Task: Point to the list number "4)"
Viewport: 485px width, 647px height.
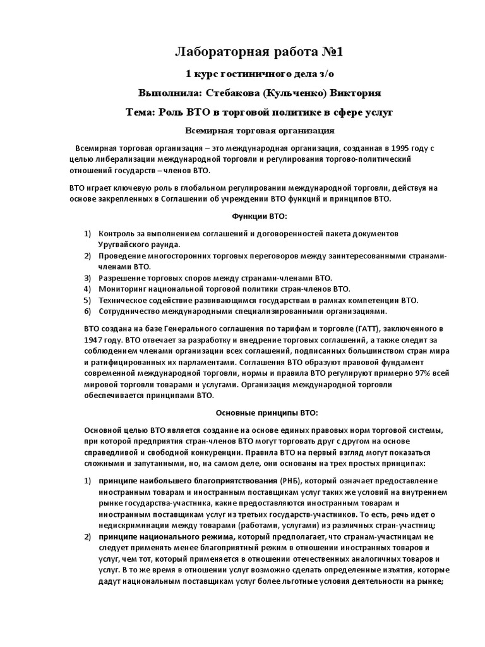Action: (88, 289)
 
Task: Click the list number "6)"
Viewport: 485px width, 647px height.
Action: (88, 311)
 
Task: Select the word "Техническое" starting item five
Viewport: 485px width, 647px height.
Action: (123, 300)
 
